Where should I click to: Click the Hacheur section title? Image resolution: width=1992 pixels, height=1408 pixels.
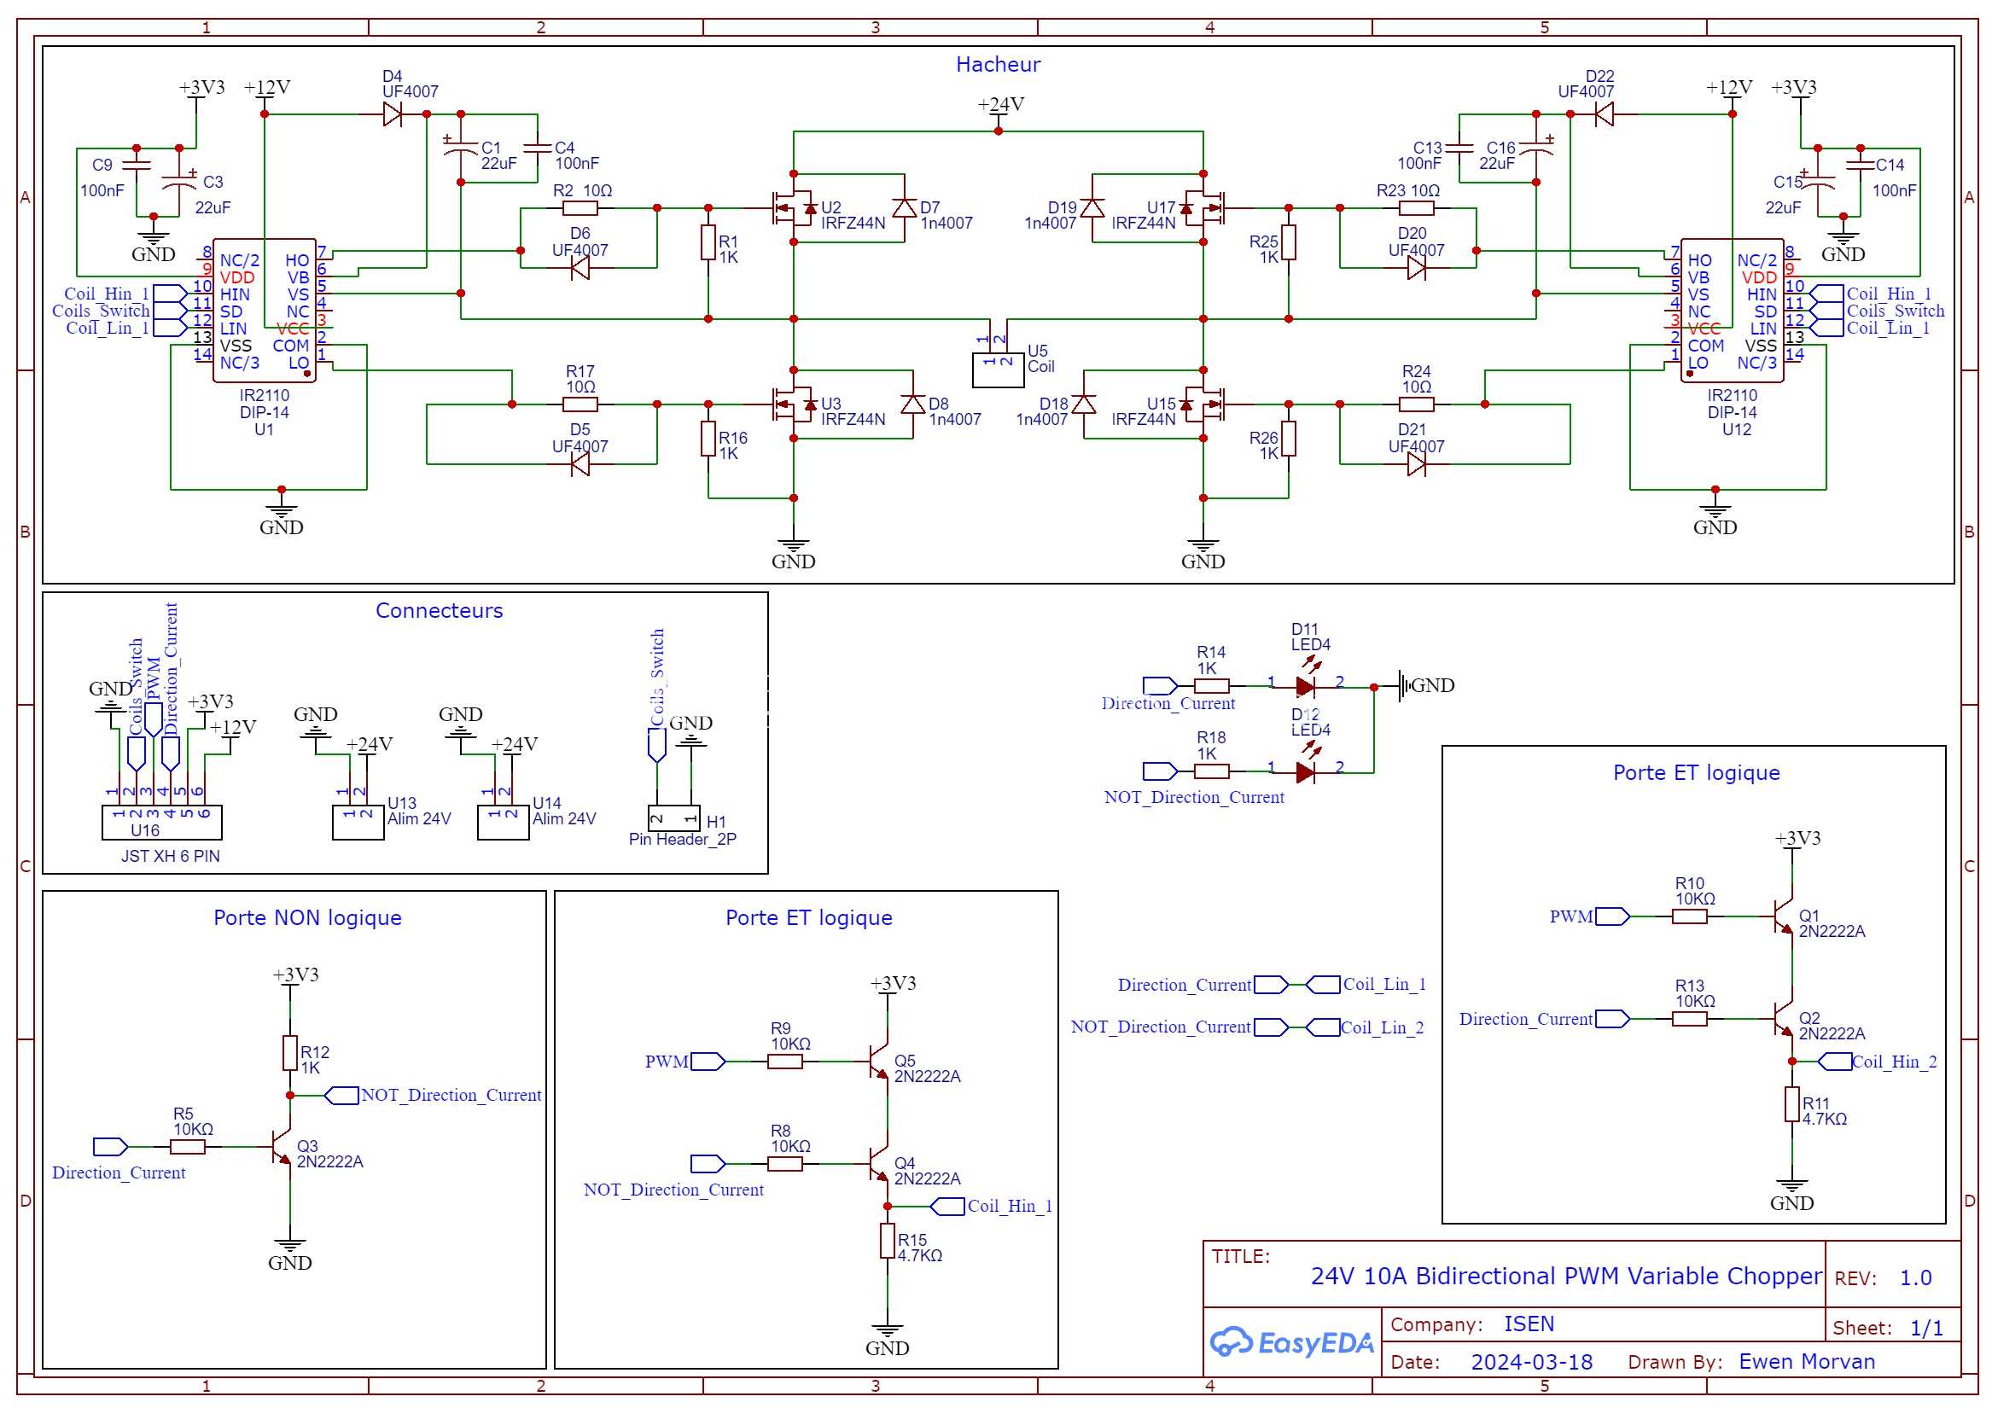click(998, 64)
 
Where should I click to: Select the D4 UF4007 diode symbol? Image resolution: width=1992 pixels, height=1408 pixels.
click(393, 113)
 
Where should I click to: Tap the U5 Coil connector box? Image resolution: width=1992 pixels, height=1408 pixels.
click(998, 369)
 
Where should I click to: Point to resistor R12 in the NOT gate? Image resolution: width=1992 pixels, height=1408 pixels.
click(290, 1052)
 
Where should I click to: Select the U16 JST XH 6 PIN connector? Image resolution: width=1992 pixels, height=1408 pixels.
click(162, 822)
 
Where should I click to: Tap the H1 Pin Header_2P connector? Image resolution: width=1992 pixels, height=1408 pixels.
click(674, 817)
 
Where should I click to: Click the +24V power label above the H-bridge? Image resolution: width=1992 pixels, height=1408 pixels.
click(1000, 104)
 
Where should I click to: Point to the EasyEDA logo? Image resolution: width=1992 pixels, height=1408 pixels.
click(1292, 1342)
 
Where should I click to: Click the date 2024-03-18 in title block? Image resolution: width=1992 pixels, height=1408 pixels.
click(1531, 1361)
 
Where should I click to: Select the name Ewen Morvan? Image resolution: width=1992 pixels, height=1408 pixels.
click(1806, 1361)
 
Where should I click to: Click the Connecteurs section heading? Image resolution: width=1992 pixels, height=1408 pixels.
click(439, 610)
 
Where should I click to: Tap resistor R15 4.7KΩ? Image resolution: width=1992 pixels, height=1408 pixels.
click(887, 1240)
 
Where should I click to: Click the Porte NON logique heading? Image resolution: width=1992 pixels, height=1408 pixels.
click(307, 917)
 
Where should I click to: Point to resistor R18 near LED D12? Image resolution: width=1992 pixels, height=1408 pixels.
click(1211, 771)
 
